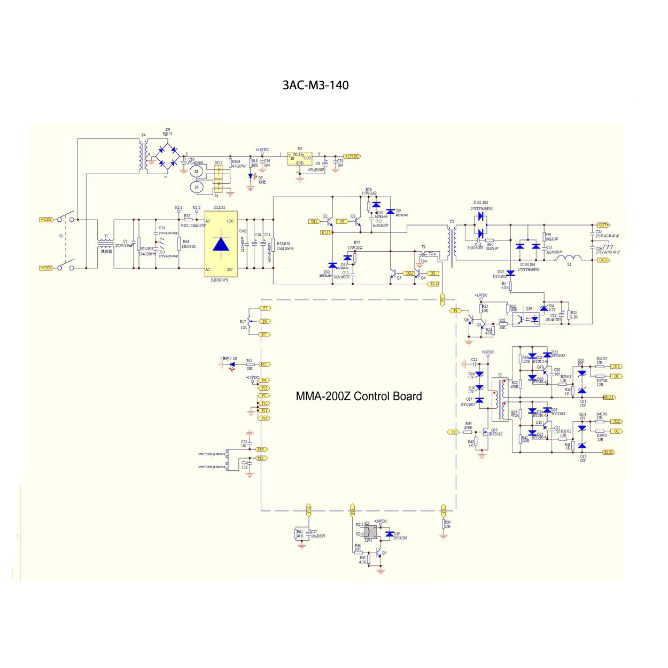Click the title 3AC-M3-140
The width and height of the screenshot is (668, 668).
click(x=315, y=85)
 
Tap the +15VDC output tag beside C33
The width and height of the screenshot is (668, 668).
click(x=352, y=157)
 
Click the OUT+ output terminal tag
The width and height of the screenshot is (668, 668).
click(x=603, y=225)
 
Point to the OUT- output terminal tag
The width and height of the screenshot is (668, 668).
click(x=603, y=260)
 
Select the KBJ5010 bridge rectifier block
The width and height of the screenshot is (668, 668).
click(x=221, y=244)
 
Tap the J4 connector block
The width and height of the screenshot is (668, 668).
click(x=218, y=179)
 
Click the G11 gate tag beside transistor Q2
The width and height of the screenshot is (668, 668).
click(x=314, y=221)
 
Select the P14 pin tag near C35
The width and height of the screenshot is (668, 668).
click(x=261, y=449)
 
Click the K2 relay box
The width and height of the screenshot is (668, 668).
click(x=371, y=532)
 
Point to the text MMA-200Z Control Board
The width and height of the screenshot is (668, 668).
click(x=359, y=397)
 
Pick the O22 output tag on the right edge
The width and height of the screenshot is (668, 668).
click(x=616, y=422)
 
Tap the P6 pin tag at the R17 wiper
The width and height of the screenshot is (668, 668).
click(x=265, y=321)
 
